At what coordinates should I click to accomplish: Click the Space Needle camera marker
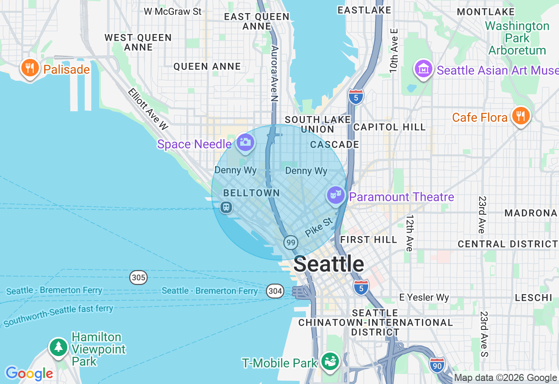click(245, 142)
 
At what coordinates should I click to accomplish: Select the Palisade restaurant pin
click(30, 68)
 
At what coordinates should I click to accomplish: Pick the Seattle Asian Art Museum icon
click(423, 69)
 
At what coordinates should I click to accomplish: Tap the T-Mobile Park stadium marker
click(331, 361)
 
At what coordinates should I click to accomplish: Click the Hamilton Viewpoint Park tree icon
click(58, 347)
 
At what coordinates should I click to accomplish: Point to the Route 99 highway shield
click(290, 242)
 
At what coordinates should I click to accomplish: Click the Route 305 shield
click(138, 277)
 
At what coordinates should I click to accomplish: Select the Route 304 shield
click(276, 291)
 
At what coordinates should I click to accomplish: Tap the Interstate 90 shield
click(437, 365)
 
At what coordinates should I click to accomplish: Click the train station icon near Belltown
click(226, 207)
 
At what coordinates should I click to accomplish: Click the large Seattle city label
click(329, 264)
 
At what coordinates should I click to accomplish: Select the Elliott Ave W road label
click(148, 109)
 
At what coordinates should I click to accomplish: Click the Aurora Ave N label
click(274, 73)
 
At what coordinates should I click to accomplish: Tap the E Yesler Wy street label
click(424, 298)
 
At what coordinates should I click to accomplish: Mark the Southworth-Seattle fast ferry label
click(59, 315)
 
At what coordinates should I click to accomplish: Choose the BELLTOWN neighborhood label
click(251, 193)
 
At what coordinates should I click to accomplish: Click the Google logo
click(29, 374)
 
